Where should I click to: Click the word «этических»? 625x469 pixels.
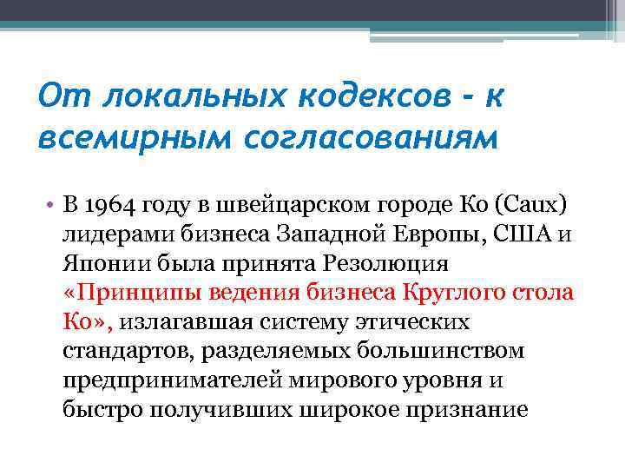408,323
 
